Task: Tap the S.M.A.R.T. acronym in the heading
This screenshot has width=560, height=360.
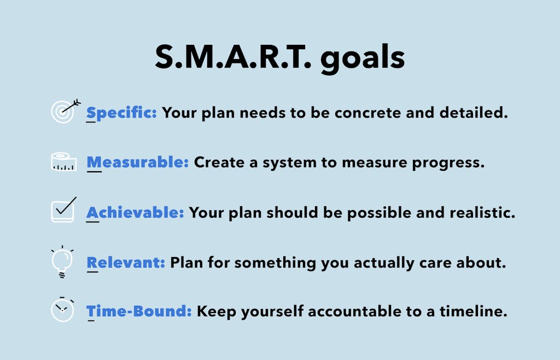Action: point(233,57)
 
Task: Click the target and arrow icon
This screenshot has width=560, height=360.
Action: point(66,111)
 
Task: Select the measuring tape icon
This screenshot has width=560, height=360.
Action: point(64,162)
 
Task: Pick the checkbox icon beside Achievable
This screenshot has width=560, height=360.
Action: point(63,210)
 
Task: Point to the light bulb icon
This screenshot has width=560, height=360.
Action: point(62,262)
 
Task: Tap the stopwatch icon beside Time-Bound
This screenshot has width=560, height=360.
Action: point(62,309)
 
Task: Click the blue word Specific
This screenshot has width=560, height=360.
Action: point(121,113)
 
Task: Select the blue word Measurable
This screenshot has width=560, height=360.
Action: point(137,162)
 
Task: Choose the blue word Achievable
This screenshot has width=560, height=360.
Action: point(135,212)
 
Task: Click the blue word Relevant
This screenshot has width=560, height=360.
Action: point(126,263)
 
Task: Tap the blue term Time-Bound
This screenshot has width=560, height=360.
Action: point(139,311)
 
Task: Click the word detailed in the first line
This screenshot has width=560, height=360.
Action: point(474,113)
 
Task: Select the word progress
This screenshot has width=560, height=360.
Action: point(448,163)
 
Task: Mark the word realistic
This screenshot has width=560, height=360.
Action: point(482,212)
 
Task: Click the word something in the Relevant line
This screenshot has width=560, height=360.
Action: point(275,263)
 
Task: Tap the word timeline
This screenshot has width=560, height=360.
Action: point(473,311)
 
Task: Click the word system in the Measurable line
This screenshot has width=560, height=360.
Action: point(290,164)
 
